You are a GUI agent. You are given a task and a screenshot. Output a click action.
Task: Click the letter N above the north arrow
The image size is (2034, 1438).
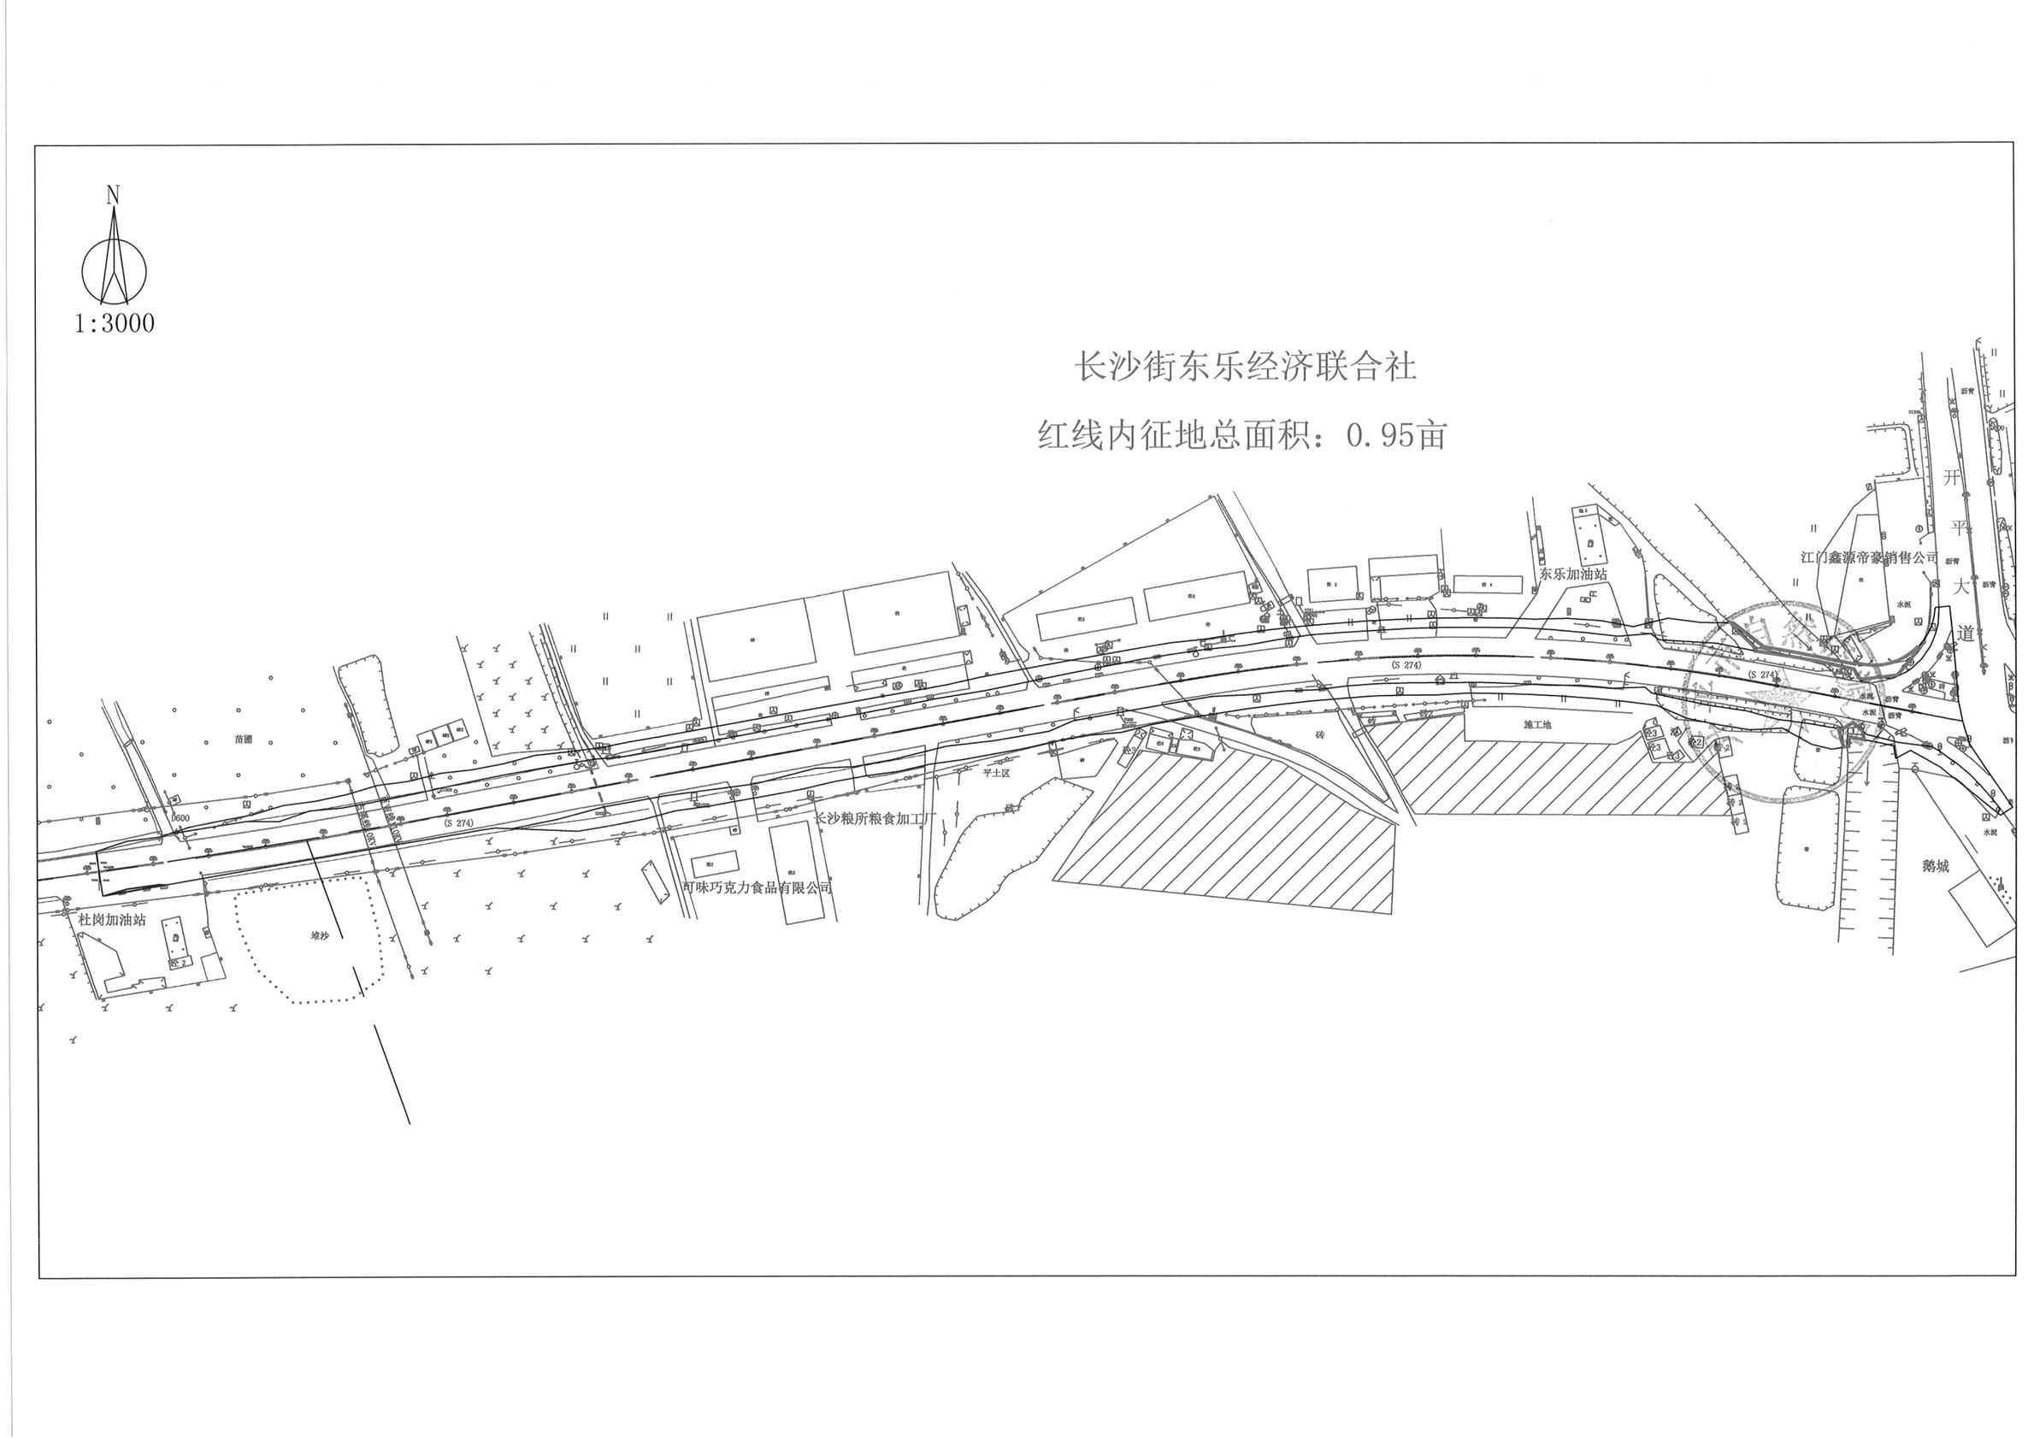tap(113, 195)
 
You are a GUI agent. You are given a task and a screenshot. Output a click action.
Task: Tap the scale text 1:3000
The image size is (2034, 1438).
tap(115, 324)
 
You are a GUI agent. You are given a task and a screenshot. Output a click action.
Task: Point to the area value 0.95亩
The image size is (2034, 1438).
tap(1396, 435)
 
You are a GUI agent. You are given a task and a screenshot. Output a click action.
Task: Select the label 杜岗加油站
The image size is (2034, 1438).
tap(113, 921)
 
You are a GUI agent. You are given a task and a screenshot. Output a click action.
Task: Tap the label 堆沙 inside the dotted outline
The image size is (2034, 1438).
tap(319, 935)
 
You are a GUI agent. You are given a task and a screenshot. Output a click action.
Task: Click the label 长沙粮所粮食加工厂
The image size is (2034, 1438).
tap(875, 819)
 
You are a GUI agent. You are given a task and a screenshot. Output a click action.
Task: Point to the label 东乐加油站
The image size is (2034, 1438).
tap(1572, 575)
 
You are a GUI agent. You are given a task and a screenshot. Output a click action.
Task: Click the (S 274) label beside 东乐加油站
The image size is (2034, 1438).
tap(1406, 664)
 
